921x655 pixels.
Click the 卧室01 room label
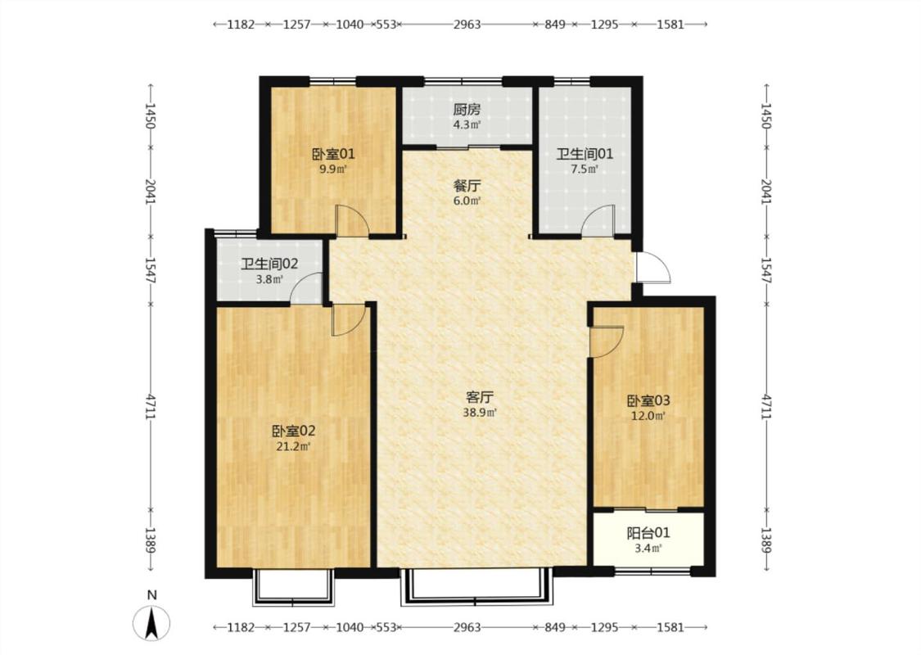pos(333,155)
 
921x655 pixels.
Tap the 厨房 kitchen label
pos(467,109)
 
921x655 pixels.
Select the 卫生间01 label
pos(585,155)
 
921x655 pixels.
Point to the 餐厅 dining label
pos(467,186)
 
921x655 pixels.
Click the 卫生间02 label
pos(269,264)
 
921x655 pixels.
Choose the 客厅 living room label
pos(479,398)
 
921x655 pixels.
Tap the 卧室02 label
pos(294,431)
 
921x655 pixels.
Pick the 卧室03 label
pos(648,401)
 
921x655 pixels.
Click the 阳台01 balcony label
pos(648,533)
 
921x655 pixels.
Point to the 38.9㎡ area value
pos(480,413)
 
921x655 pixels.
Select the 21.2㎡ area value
pos(294,446)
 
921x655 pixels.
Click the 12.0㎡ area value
pos(648,417)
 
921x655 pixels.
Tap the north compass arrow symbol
pos(151,623)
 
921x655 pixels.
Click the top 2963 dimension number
pos(467,25)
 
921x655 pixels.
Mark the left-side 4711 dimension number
pos(151,407)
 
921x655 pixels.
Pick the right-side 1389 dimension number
pos(766,540)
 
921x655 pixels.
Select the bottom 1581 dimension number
pos(670,627)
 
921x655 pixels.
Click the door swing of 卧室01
pos(351,221)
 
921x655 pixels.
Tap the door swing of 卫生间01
pos(598,221)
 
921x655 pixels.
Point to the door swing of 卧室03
pos(606,341)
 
